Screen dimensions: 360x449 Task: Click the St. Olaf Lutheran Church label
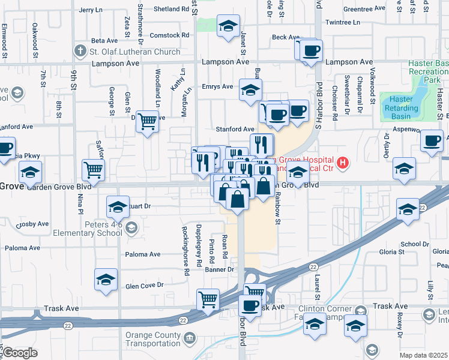(x=134, y=52)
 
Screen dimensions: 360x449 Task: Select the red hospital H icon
(x=342, y=162)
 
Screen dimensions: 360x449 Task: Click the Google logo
(x=19, y=353)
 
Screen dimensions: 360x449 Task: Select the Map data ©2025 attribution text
(x=423, y=355)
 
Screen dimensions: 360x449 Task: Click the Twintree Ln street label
(x=342, y=22)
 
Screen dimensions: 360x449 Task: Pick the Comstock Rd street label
(x=169, y=35)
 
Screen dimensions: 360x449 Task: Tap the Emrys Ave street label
(x=217, y=86)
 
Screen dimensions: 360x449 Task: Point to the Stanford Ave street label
(x=235, y=129)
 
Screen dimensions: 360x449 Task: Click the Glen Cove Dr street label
(x=144, y=286)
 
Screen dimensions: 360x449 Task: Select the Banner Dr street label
(x=221, y=270)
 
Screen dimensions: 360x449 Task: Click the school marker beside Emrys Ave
(x=250, y=90)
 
